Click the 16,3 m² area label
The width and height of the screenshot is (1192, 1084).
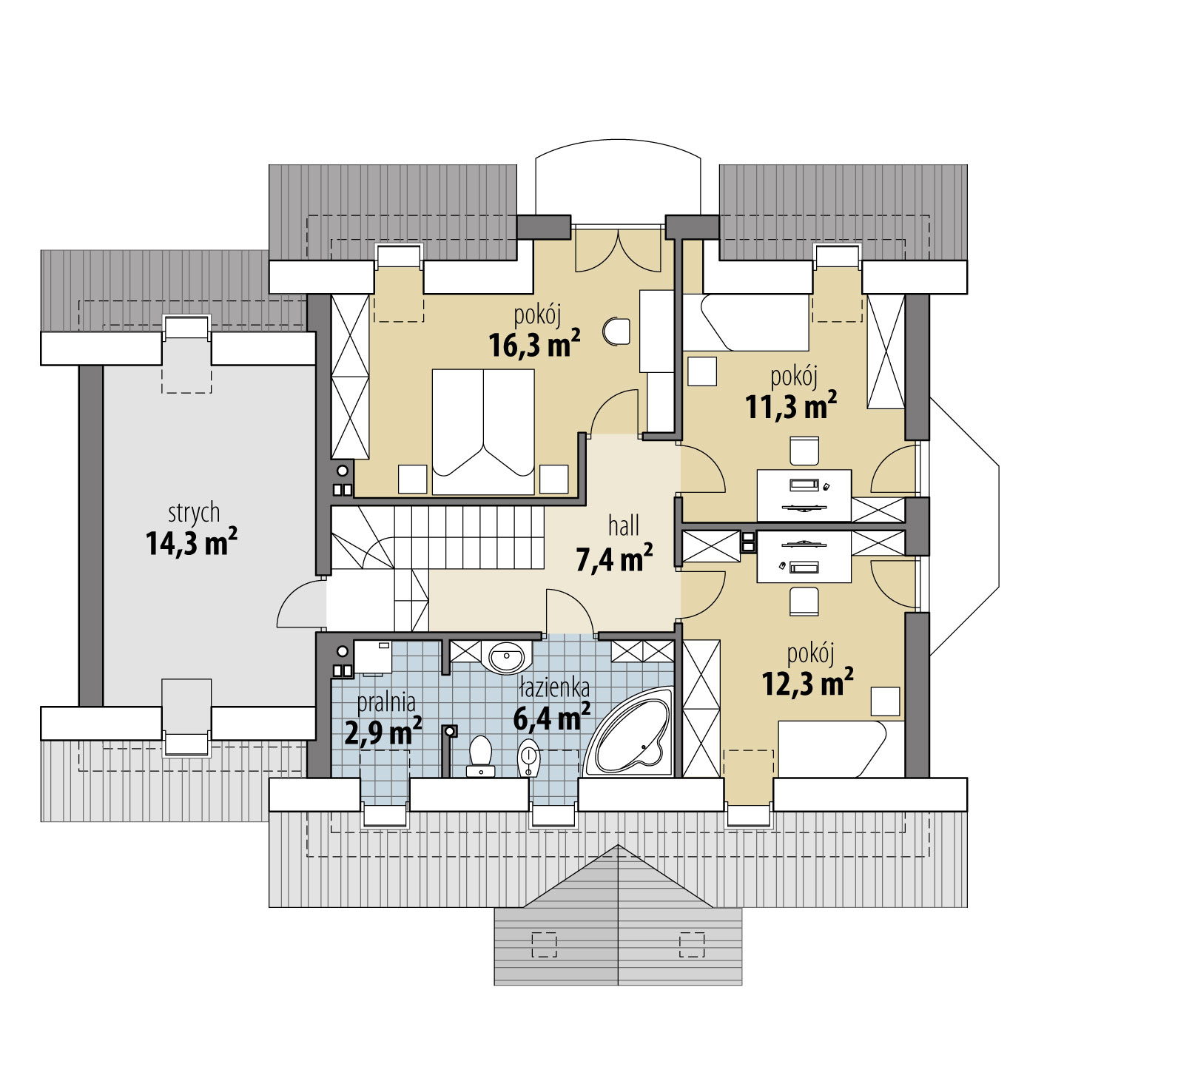coord(534,344)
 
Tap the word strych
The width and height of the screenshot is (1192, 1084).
coord(194,513)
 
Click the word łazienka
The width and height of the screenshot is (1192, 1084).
coord(554,688)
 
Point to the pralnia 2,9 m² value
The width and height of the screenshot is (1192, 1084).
coord(383,732)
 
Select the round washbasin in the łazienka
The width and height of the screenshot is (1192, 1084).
coord(507,656)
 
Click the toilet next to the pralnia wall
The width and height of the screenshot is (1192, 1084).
coord(480,755)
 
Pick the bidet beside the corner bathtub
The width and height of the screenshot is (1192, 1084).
coord(529,757)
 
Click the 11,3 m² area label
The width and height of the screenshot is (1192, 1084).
coord(791,406)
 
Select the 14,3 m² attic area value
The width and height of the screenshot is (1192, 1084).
coord(192,542)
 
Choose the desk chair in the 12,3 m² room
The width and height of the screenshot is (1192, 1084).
coord(804,602)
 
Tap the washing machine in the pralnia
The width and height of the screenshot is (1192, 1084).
coord(372,656)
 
